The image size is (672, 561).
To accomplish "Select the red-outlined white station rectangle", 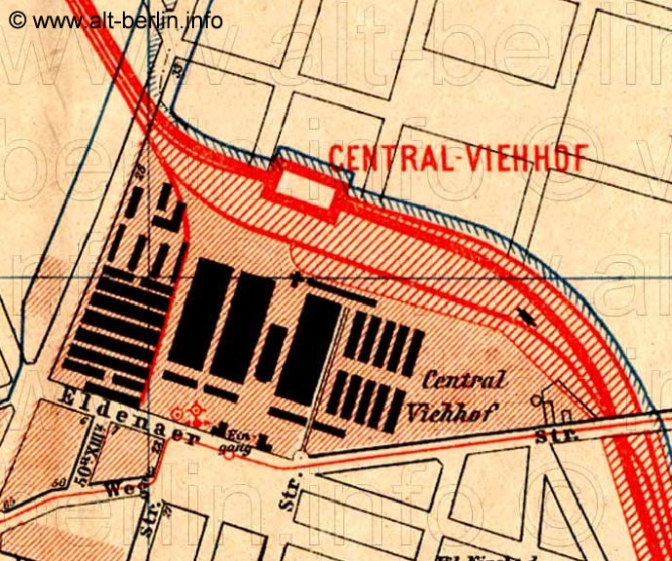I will (x=304, y=184).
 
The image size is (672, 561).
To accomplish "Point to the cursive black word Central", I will (x=463, y=381).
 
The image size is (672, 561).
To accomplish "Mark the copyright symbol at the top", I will (x=18, y=20).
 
